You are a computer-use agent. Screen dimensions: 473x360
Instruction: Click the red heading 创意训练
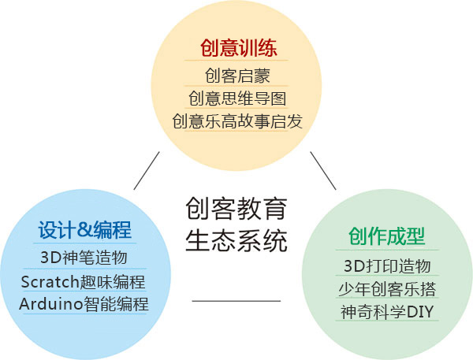coord(238,48)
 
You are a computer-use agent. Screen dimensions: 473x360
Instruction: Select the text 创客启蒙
coord(237,76)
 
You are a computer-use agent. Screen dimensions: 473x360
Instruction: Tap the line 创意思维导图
coord(237,98)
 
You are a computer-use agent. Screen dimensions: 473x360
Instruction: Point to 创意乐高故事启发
coord(237,121)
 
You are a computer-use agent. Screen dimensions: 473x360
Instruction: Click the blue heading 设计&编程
coord(85,230)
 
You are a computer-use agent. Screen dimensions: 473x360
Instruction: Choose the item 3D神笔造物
coord(84,258)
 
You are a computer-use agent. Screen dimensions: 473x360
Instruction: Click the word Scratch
coord(50,282)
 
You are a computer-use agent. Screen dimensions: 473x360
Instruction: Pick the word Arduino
coord(51,304)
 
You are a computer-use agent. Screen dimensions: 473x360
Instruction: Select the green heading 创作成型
coord(387,236)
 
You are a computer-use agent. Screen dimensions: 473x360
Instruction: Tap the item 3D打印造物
coord(387,266)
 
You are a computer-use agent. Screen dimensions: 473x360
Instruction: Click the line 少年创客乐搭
coord(387,289)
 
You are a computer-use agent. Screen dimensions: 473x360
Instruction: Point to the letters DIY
coord(420,312)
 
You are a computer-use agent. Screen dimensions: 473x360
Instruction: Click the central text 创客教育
coord(236,209)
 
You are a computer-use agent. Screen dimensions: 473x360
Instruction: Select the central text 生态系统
coord(236,240)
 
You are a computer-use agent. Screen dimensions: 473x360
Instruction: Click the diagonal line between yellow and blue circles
coord(147,171)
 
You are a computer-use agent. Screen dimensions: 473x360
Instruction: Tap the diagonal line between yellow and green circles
coord(323,171)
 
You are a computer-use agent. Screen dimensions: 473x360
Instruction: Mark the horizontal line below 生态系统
coord(236,301)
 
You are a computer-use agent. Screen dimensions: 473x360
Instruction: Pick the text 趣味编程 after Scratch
coord(112,282)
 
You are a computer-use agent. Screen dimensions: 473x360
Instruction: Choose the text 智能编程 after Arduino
coord(116,304)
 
